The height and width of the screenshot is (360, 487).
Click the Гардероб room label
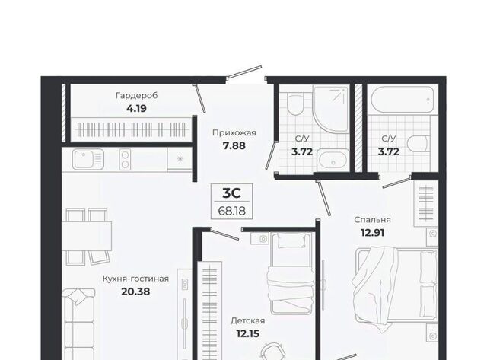[137, 96]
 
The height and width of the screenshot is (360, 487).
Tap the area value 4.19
[136, 109]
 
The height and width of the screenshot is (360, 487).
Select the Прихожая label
[234, 133]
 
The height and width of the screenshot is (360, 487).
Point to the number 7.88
[234, 145]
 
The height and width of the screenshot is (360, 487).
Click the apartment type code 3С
[231, 193]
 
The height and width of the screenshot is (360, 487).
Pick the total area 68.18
[231, 212]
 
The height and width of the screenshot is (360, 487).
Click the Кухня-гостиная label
[135, 279]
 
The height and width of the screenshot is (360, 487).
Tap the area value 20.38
[135, 292]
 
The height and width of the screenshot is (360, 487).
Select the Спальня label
[372, 220]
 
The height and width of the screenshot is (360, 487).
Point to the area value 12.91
[372, 232]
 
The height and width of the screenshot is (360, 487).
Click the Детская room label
[247, 320]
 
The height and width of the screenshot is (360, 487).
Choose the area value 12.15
[247, 333]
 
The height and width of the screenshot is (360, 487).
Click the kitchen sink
[88, 159]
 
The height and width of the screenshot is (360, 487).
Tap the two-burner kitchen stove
[125, 159]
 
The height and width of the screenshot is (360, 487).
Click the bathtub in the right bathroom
[403, 100]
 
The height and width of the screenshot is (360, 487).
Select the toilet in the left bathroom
[295, 104]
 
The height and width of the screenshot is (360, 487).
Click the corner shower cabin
[331, 110]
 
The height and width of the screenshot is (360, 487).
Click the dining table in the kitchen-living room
[87, 236]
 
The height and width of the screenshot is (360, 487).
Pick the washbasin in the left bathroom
[333, 159]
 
